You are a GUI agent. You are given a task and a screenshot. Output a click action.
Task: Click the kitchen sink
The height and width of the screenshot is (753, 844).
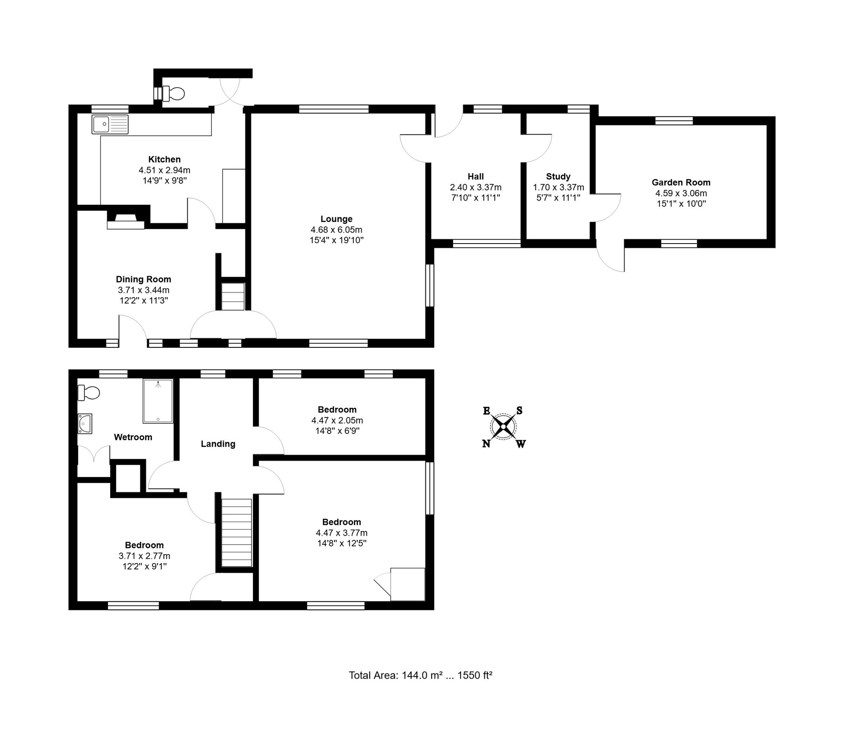110,124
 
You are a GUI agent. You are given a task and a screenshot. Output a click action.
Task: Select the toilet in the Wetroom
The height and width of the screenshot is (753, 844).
89,393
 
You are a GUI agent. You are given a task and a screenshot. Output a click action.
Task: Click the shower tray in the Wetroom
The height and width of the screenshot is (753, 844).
158,401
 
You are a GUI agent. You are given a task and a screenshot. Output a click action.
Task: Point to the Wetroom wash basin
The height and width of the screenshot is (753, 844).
85,423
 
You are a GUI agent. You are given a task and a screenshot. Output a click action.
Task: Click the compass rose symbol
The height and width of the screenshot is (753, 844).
504,427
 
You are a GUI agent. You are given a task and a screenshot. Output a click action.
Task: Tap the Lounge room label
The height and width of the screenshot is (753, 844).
336,219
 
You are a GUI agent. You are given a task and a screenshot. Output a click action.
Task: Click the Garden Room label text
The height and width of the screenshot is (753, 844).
681,182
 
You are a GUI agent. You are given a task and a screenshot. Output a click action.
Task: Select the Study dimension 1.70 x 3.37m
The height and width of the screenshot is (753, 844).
559,187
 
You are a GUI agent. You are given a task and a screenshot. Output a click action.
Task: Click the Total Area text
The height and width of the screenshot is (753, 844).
421,675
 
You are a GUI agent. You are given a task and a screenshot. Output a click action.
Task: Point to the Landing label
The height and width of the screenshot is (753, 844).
218,444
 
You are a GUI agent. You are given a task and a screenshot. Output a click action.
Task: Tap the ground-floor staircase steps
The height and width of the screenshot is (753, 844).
233,296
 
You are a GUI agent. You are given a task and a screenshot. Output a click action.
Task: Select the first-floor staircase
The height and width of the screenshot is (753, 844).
237,533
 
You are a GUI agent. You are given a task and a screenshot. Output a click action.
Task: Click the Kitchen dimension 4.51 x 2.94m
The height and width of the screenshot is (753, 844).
165,170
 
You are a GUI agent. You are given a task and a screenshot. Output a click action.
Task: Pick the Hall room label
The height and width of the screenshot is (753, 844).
476,176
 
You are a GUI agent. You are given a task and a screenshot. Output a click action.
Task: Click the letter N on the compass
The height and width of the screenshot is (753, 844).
486,444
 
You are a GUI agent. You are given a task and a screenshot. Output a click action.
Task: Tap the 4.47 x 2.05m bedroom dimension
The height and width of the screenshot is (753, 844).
337,420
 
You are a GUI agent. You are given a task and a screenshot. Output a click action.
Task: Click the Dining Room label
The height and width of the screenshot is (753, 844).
143,279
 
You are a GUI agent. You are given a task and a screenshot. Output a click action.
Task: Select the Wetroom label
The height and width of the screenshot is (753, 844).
133,437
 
